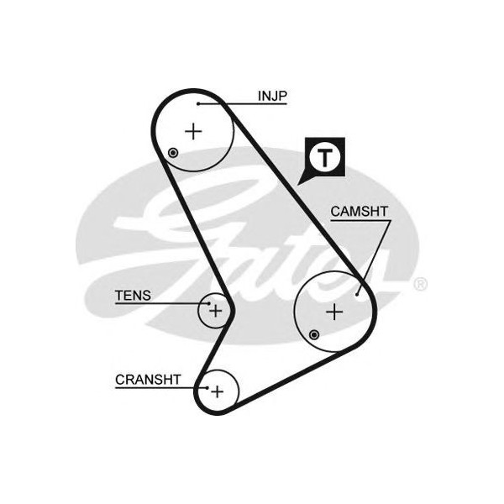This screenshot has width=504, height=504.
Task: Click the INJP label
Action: (272, 96)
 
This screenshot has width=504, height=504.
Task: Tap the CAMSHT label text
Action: (359, 212)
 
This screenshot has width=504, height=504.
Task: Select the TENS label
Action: (133, 295)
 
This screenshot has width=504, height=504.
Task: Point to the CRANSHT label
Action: (148, 380)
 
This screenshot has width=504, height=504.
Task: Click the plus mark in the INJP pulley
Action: (194, 131)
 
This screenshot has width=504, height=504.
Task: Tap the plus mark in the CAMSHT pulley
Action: (334, 312)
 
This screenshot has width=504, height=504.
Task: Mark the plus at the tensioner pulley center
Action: (216, 310)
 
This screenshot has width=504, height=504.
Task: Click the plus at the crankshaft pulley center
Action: (218, 391)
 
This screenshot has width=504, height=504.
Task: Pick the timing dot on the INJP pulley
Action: (173, 153)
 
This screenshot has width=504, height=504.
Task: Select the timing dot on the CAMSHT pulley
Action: (313, 334)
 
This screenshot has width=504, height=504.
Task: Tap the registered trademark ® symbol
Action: (420, 284)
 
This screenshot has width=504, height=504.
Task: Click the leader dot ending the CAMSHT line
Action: (358, 293)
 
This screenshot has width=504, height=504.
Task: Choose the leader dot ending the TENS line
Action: (207, 303)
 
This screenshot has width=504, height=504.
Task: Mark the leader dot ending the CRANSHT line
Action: (206, 388)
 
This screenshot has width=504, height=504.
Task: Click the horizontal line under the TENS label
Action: (160, 303)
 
